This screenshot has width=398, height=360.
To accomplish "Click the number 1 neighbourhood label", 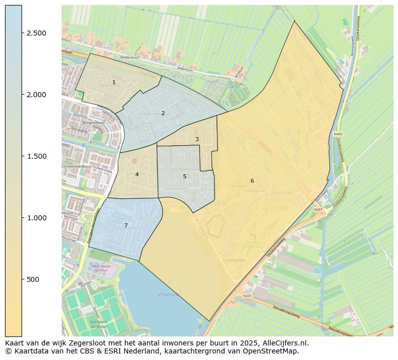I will point(114,82).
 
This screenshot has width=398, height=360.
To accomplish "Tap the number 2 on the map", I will point(163,113).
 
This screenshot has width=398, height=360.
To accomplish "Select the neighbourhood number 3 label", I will point(197,139).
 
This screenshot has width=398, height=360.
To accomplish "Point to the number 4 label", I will point(137,174).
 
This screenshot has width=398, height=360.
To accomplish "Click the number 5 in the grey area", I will point(184,176).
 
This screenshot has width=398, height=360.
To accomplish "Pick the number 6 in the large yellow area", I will point(252,181).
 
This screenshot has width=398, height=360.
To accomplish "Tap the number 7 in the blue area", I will point(126,225).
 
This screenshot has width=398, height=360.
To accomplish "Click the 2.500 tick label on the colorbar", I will point(37,33).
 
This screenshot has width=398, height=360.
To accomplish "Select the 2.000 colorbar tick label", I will point(37,95).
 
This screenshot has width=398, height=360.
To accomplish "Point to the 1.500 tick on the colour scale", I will point(37,156).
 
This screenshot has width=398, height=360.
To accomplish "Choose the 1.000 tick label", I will point(37,218).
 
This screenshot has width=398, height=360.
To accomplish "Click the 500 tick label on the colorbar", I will point(33,279).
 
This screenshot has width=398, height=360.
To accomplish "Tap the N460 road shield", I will point(338,134).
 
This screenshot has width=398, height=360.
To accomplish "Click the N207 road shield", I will point(318,210).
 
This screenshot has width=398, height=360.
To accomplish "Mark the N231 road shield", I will point(247,296).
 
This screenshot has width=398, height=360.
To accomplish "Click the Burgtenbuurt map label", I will point(82,122).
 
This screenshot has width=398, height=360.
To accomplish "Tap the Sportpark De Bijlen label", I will point(99,324).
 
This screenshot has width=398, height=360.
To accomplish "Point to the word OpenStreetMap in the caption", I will point(274,351).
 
